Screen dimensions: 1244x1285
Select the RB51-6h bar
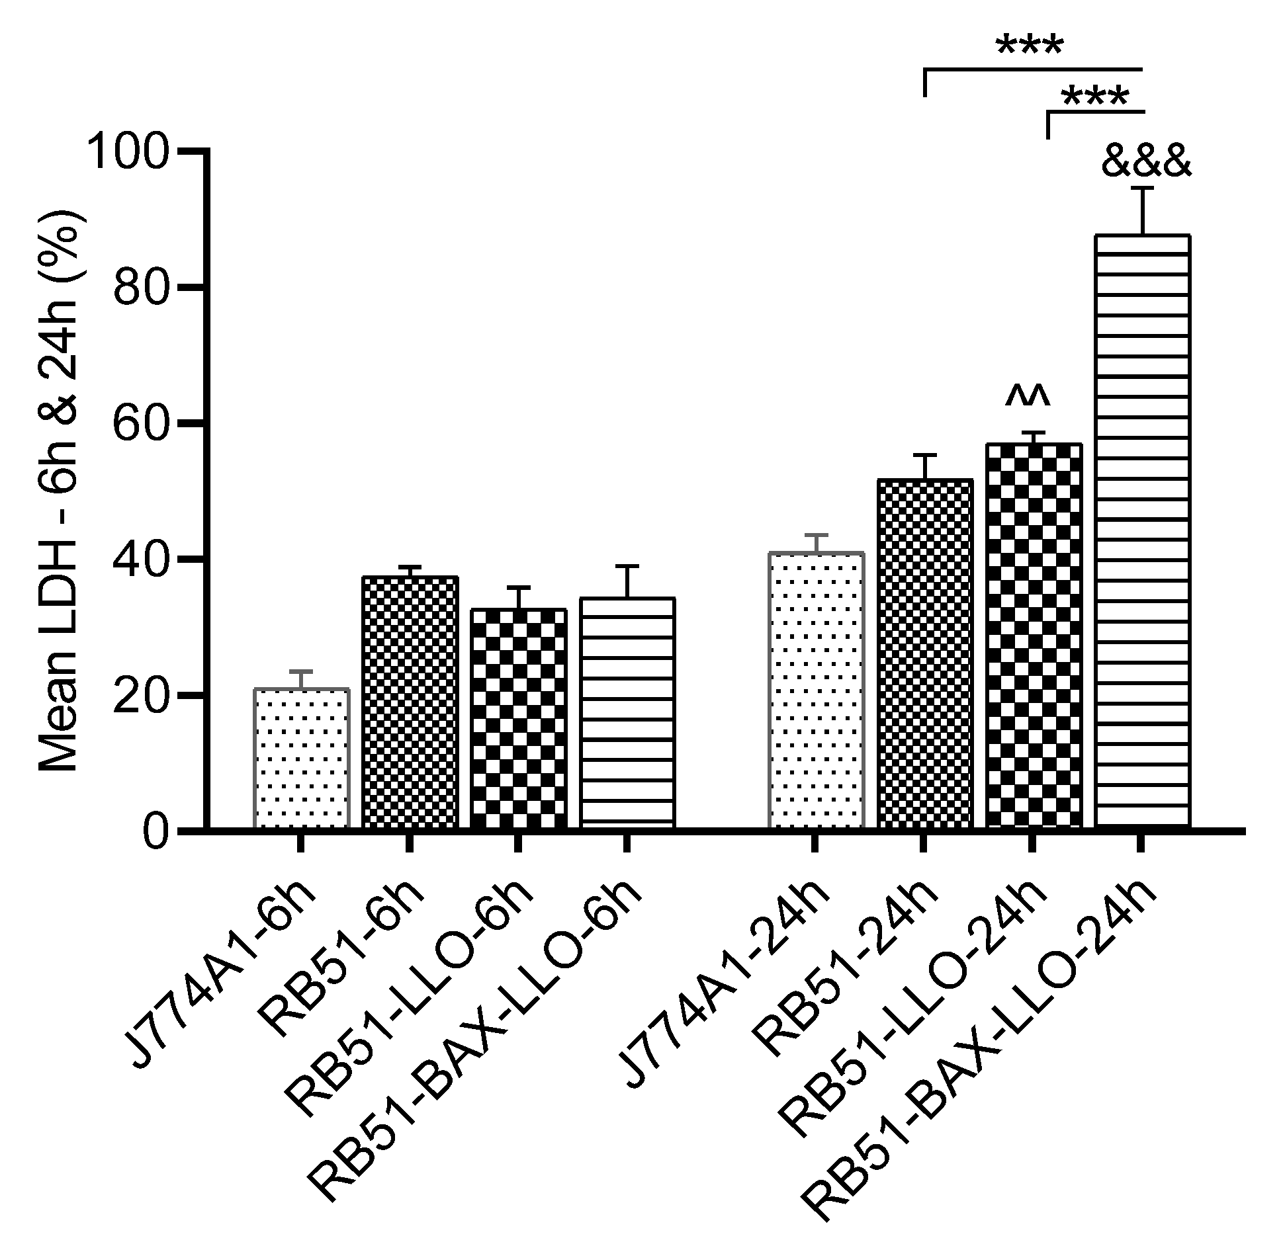point(410,701)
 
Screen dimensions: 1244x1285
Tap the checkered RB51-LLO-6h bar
point(518,718)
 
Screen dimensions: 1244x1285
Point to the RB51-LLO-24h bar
point(1033,635)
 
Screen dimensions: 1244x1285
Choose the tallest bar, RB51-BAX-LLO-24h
point(1142,529)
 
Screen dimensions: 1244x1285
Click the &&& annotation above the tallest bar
point(1146,163)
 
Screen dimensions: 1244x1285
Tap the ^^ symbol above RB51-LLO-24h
point(1027,395)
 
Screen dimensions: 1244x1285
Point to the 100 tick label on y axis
point(132,152)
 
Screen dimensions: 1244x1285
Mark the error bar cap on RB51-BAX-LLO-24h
point(1142,189)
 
